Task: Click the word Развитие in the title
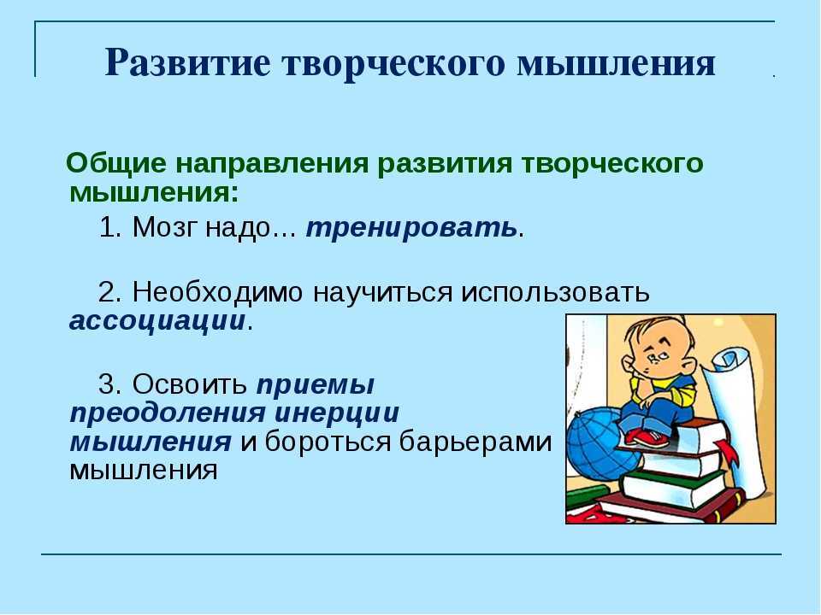(188, 63)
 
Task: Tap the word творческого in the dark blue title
(394, 64)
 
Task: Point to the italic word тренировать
(411, 228)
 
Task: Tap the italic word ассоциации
(157, 320)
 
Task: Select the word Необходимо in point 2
(217, 291)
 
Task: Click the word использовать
(555, 292)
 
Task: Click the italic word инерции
(337, 413)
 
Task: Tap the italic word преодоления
(168, 413)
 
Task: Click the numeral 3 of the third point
(106, 384)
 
